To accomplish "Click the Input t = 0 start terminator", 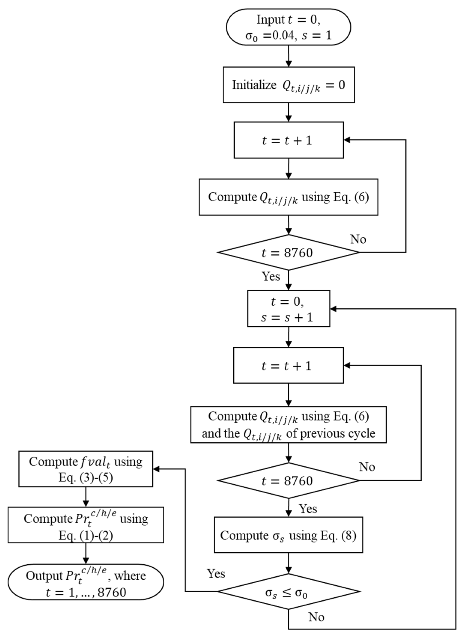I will tap(288, 27).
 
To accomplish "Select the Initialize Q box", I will tap(289, 85).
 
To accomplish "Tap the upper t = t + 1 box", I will tap(289, 140).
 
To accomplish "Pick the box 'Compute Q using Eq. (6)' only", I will tap(288, 197).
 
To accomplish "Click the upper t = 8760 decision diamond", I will tap(288, 252).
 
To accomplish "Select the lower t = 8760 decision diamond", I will tap(288, 480).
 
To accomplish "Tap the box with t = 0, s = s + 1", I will tap(289, 309).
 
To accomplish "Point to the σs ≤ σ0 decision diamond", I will tap(288, 592).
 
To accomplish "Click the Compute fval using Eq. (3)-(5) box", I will tap(86, 469).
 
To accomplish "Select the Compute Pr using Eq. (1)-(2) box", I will tap(86, 525).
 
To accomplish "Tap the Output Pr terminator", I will tap(86, 582).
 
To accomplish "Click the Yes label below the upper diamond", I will tap(271, 276).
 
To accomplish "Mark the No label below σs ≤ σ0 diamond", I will tap(316, 617).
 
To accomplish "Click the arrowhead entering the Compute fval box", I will tap(156, 469).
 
